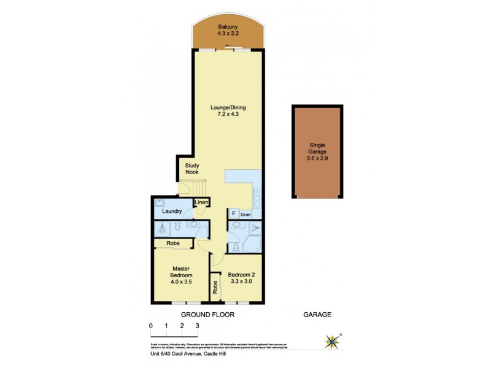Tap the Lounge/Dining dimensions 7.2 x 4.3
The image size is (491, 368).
[x=226, y=115]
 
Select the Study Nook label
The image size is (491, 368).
[x=194, y=169]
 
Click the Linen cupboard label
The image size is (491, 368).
[x=202, y=203]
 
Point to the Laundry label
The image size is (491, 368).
[x=171, y=212]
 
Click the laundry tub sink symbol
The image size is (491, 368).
[x=159, y=202]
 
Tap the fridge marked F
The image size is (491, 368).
[x=233, y=214]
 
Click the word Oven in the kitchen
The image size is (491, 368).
[x=245, y=215]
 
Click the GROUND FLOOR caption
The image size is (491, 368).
[x=207, y=315]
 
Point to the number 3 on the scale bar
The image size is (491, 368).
[x=197, y=326]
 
